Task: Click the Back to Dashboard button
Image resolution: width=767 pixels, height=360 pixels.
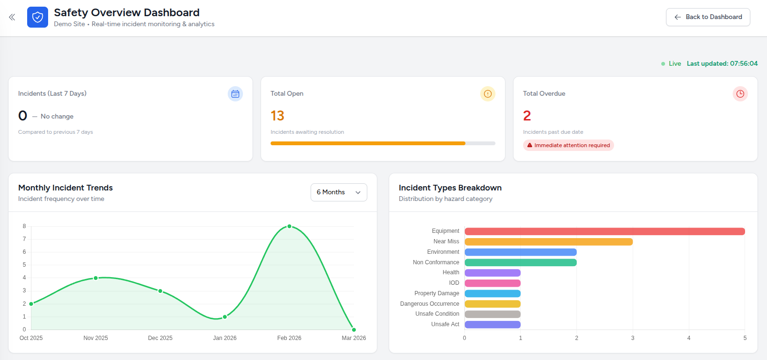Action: [x=708, y=17]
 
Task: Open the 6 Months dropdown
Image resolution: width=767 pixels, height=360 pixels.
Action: [x=339, y=192]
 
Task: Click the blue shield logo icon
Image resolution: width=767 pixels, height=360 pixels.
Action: [x=38, y=17]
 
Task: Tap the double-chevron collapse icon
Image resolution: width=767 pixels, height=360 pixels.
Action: [x=12, y=17]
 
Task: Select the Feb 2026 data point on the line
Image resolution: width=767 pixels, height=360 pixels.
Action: [x=289, y=227]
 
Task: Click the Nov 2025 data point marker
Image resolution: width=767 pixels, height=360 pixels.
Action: [x=96, y=278]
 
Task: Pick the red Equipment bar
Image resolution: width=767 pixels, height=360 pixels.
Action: [x=604, y=231]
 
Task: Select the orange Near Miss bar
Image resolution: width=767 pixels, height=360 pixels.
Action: [x=548, y=242]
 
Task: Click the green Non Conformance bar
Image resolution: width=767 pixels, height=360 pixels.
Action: [x=520, y=262]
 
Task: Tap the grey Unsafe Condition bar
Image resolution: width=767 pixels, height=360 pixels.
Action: [x=492, y=314]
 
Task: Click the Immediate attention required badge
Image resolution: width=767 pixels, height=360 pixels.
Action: [x=568, y=145]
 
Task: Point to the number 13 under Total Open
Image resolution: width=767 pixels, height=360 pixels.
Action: [x=277, y=116]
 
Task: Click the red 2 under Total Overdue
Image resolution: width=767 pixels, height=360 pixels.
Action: [x=527, y=116]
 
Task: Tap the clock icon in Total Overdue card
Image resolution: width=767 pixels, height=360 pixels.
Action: [x=740, y=94]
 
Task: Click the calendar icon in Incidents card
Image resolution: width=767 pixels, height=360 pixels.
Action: [x=235, y=94]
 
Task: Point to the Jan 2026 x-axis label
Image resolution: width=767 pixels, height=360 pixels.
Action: [x=224, y=338]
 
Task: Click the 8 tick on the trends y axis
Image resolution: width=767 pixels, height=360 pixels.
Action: [x=24, y=226]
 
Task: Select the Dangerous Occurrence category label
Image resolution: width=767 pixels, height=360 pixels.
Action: [x=429, y=304]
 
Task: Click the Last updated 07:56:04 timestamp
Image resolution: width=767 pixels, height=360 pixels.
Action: [x=722, y=63]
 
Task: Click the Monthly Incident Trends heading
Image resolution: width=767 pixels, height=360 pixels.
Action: [x=65, y=188]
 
